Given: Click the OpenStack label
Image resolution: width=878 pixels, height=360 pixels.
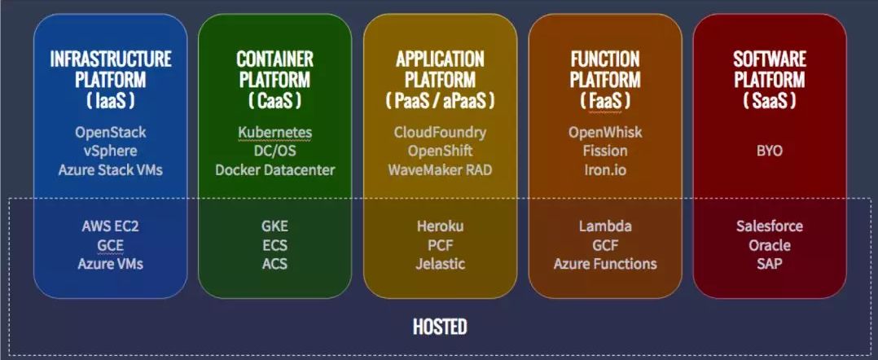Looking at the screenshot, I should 110,132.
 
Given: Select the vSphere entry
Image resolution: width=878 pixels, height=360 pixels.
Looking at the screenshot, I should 110,151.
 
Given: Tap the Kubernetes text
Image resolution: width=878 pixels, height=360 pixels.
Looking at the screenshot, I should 274,132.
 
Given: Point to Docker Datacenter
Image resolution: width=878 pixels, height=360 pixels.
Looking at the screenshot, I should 274,169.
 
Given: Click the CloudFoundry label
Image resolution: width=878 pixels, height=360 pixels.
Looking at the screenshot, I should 440,132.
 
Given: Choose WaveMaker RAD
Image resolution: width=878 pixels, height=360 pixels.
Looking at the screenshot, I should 440,169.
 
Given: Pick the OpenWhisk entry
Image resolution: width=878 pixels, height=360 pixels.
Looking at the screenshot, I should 604,132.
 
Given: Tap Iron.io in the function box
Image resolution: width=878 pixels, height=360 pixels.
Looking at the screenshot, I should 604,169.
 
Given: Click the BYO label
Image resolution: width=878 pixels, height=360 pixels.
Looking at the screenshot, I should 769,151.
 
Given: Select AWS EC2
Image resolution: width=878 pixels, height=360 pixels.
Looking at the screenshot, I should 110,226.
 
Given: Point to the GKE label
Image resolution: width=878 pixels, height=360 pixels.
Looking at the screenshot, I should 274,226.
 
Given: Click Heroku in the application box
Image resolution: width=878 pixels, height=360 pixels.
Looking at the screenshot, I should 440,226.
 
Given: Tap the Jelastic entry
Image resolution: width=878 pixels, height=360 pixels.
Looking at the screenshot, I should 440,264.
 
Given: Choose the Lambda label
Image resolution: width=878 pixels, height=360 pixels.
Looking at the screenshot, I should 604,226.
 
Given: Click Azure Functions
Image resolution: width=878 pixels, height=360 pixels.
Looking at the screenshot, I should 604,264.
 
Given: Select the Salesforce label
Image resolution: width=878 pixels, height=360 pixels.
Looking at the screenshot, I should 769,226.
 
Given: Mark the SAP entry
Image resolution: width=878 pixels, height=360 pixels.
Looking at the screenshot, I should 769,264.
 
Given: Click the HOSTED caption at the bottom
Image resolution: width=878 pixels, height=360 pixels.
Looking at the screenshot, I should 439,327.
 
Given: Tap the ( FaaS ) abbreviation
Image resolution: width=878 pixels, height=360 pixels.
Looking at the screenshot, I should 604,101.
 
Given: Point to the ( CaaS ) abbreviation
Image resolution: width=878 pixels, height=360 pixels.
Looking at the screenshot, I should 274,101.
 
